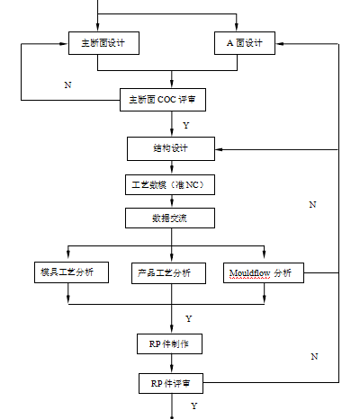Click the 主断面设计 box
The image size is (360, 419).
(x=103, y=43)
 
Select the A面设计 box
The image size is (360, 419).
(x=245, y=43)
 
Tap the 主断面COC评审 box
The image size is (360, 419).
(x=163, y=100)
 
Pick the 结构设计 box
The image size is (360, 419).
(x=171, y=148)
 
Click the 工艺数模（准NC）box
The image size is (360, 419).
(x=170, y=185)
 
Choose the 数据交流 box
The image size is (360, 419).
(x=170, y=218)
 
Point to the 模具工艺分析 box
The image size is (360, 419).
(x=71, y=272)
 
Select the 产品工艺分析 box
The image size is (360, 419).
(x=168, y=273)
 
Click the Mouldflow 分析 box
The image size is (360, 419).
(x=264, y=273)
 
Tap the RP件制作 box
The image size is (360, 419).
(x=169, y=344)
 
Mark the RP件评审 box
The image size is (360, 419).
(x=171, y=383)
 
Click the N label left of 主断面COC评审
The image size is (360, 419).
(x=67, y=85)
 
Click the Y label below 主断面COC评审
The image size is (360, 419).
(x=186, y=125)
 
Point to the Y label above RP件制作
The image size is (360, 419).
(x=189, y=318)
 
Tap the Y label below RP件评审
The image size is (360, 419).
(x=194, y=406)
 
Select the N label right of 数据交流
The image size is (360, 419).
(x=312, y=205)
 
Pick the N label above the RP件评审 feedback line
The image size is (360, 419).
(x=314, y=356)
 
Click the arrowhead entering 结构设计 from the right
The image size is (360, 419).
(x=219, y=149)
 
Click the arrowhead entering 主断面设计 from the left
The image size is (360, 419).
(x=64, y=44)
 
